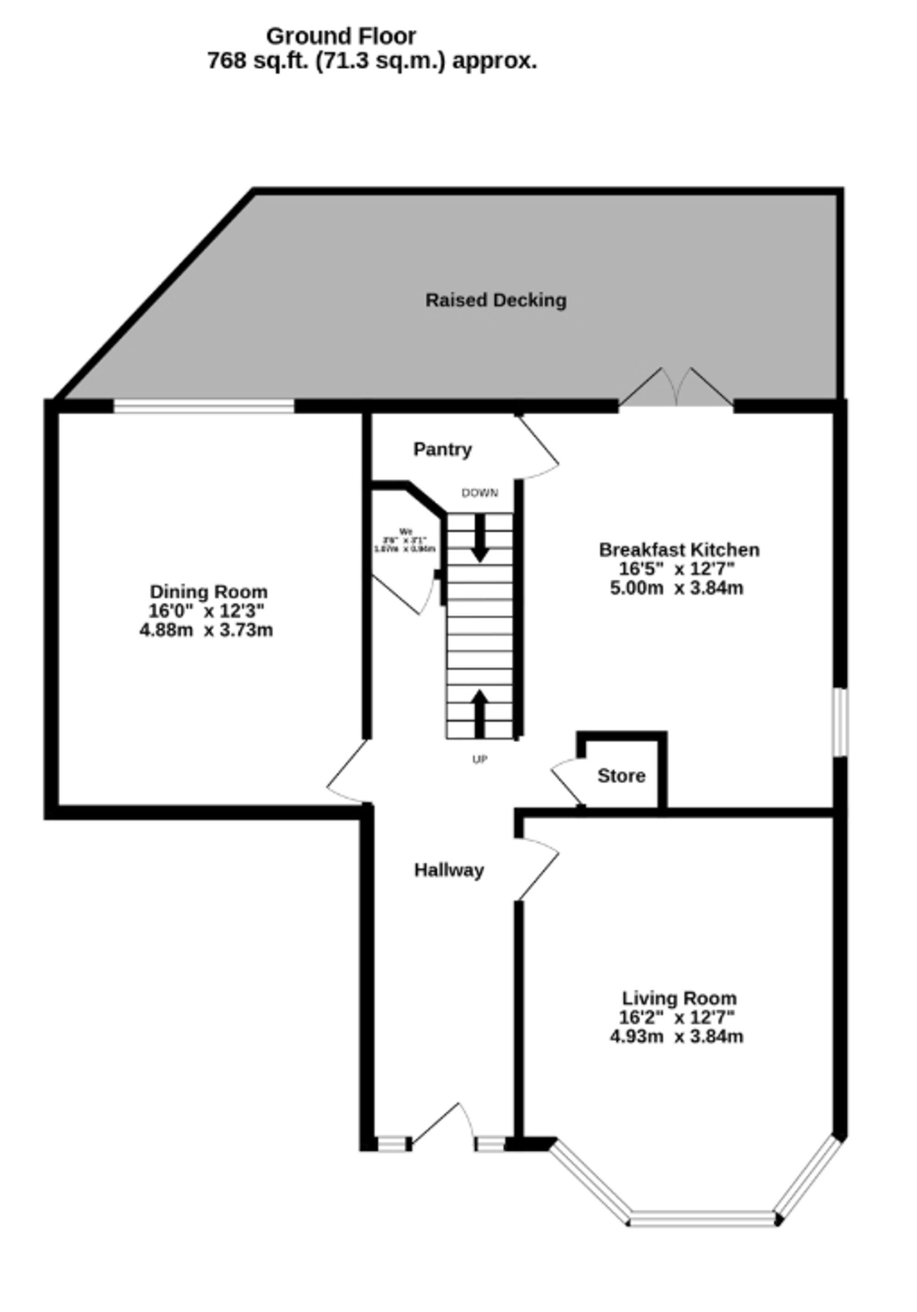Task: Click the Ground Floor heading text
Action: pos(341,37)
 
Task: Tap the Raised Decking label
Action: pos(496,300)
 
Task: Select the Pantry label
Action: pos(442,449)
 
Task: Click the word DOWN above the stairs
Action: pos(480,493)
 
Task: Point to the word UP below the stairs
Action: pos(480,759)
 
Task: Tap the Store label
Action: pos(621,775)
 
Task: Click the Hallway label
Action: pos(449,870)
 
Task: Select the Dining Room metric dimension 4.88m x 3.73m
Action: pos(206,630)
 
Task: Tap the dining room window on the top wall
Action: pos(204,406)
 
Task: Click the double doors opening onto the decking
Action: pos(676,389)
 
